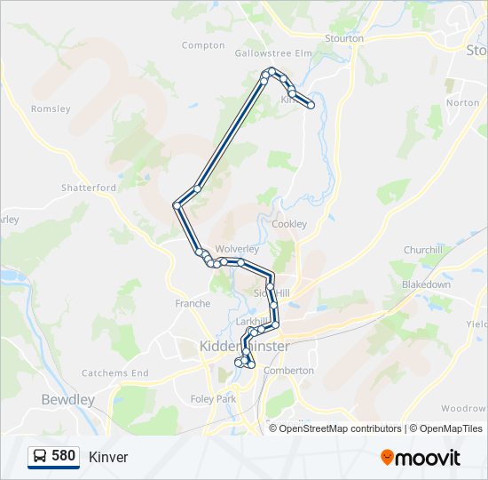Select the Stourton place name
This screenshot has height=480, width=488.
(x=344, y=38)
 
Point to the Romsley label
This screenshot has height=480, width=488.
(x=51, y=109)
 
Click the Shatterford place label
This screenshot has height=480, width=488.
(x=89, y=188)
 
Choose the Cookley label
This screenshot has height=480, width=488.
(x=289, y=224)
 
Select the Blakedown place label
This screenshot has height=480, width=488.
(x=426, y=284)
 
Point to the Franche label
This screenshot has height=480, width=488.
(x=193, y=303)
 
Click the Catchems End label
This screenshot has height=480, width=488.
(x=115, y=373)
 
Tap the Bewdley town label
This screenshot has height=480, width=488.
(x=68, y=400)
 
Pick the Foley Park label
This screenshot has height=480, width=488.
(x=213, y=399)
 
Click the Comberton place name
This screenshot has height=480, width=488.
(x=289, y=370)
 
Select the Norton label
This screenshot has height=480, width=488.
(x=462, y=102)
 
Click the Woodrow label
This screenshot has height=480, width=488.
(x=462, y=408)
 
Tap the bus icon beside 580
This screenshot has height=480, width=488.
(x=40, y=457)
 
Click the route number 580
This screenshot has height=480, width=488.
(x=64, y=456)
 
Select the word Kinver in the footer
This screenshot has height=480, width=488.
(x=108, y=457)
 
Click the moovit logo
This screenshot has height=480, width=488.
(x=421, y=458)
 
